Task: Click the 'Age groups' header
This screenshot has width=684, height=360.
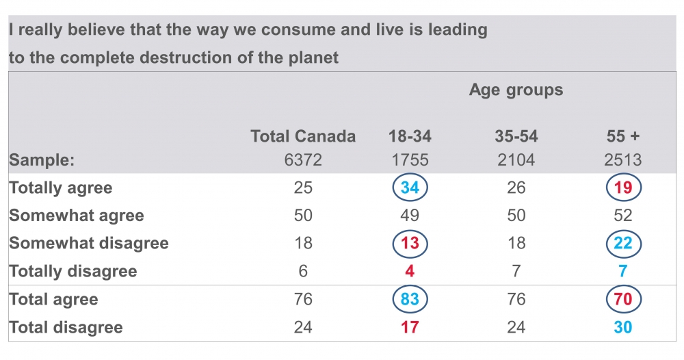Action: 516,90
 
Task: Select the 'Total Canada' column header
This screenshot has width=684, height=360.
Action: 303,136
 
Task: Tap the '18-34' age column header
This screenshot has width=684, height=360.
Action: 410,136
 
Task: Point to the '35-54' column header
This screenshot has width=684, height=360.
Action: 516,136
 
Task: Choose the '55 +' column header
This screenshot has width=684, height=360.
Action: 623,136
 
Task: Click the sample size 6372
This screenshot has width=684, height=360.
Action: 303,160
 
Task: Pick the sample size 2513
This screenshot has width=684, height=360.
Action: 623,160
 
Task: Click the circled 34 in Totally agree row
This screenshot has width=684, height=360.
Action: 410,188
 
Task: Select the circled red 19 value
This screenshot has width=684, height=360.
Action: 623,188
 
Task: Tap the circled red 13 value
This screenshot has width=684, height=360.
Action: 410,243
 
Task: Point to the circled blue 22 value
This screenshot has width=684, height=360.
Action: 623,243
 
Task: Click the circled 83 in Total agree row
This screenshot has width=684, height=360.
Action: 410,299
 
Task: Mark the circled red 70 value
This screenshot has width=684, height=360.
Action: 623,299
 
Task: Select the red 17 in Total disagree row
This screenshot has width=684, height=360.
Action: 410,327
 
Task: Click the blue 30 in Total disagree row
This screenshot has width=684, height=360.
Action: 623,327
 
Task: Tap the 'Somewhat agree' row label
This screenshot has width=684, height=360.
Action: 77,216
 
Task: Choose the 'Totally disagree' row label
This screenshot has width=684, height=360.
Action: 73,271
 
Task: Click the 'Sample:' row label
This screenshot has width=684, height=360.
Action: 42,160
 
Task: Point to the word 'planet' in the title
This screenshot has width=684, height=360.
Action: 313,57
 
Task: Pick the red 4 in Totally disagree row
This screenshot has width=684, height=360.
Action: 410,271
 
